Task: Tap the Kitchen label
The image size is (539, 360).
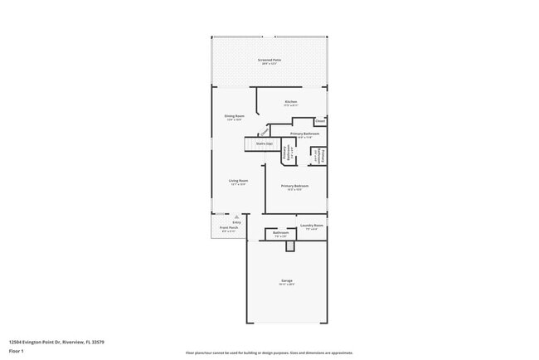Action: point(291,101)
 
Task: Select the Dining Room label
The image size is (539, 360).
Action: point(234,115)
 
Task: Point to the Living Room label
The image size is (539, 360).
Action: point(239,181)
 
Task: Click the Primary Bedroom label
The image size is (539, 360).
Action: point(294,186)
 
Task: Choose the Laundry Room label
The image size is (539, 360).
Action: point(312,225)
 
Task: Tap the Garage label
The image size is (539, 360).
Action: point(286,280)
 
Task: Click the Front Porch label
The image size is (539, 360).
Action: point(228,227)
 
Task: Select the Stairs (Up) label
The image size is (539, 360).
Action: point(265,144)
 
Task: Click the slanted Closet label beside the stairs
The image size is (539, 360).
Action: point(264,131)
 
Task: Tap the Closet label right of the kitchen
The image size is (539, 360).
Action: point(320,120)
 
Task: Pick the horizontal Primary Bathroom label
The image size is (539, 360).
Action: point(304,134)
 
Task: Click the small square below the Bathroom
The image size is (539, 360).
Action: point(289,246)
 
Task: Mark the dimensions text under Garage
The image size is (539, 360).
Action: point(286,285)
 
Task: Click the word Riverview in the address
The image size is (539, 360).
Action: point(72,341)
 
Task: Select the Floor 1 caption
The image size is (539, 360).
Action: point(16,351)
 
